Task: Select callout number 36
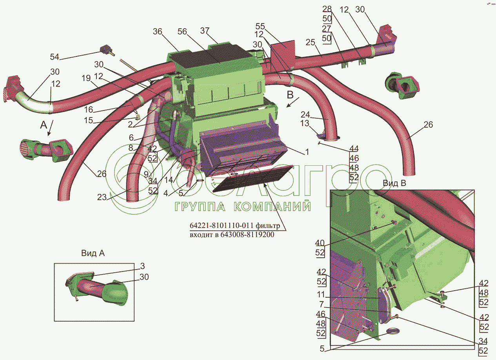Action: click(158, 33)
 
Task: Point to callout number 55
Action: click(260, 27)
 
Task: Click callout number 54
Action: click(55, 57)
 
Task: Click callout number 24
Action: click(306, 115)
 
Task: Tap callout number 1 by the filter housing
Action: click(307, 151)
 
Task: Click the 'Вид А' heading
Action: click(93, 253)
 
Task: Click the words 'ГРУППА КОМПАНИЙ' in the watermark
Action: click(242, 206)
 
